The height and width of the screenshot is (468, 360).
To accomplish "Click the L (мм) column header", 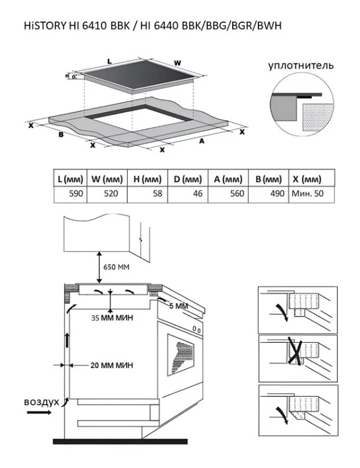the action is click(70, 179).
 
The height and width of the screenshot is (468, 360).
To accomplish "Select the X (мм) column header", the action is click(312, 179).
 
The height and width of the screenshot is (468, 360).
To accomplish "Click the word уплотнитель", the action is click(300, 65).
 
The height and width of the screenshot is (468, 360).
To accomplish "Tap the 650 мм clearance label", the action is click(116, 267).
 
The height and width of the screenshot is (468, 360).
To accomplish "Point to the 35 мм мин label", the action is click(112, 318).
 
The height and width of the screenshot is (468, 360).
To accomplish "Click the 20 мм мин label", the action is click(111, 365).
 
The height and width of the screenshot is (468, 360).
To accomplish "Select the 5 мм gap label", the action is click(179, 306).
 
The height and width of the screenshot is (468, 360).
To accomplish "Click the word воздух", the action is click(41, 402).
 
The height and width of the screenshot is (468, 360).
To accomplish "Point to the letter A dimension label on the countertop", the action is click(202, 141).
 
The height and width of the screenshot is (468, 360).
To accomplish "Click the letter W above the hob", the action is click(177, 63).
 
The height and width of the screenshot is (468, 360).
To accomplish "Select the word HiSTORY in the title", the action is click(45, 26).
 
